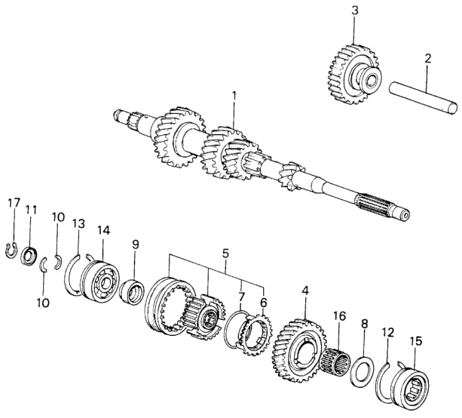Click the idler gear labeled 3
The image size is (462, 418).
352,67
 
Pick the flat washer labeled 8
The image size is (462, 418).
365,368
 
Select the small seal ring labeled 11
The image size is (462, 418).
31,255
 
